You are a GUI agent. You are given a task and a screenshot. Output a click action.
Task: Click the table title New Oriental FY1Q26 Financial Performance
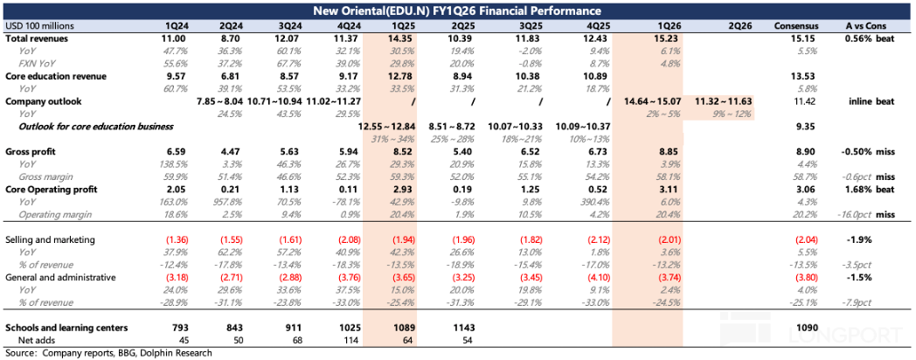pos(458,10)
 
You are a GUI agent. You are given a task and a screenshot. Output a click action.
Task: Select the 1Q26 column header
pos(643,26)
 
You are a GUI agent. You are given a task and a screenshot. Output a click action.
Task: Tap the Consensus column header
pos(796,26)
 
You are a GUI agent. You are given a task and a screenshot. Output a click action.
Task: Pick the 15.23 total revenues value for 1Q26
pos(643,39)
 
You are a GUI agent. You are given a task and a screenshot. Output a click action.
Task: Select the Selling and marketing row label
pos(50,239)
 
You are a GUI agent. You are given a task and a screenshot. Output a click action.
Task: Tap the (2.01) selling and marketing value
pos(643,239)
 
